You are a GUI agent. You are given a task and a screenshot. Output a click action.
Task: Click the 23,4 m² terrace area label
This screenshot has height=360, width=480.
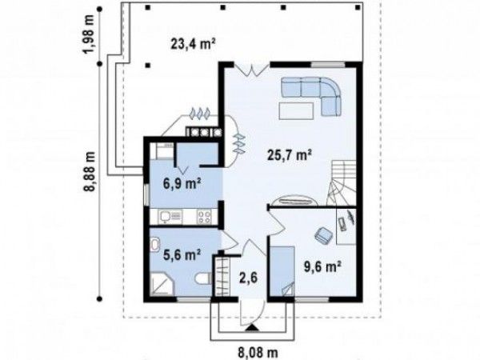[193, 44]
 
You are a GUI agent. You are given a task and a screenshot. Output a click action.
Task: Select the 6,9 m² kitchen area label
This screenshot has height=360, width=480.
[182, 184]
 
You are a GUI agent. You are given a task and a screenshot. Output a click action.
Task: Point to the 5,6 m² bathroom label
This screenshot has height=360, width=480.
[182, 254]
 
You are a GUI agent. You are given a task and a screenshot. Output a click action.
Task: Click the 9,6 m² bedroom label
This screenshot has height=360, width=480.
[322, 266]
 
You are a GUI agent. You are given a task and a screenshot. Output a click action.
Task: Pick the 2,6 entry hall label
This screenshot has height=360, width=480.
[248, 278]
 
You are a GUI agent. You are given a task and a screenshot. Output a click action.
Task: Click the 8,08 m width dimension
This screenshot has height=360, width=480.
[258, 353]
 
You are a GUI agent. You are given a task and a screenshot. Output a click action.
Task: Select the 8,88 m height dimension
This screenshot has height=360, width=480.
[90, 171]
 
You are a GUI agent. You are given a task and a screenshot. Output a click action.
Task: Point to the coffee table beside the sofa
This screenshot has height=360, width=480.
[296, 110]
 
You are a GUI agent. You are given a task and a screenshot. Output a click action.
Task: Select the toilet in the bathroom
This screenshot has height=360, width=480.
[202, 278]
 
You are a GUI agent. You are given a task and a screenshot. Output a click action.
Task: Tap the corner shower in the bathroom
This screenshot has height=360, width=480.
[162, 285]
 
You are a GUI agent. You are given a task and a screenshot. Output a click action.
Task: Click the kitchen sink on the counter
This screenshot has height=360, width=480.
[170, 217]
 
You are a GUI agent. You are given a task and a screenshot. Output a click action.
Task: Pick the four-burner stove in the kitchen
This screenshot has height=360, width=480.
[204, 217]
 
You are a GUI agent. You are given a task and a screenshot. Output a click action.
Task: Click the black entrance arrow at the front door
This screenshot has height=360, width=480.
[252, 327]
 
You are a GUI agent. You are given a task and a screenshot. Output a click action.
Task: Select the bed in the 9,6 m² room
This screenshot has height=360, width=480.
[282, 271]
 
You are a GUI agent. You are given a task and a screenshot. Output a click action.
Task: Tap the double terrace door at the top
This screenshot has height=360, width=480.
[252, 69]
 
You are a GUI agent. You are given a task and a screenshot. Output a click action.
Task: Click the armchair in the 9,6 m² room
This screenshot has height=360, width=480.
[324, 235]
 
